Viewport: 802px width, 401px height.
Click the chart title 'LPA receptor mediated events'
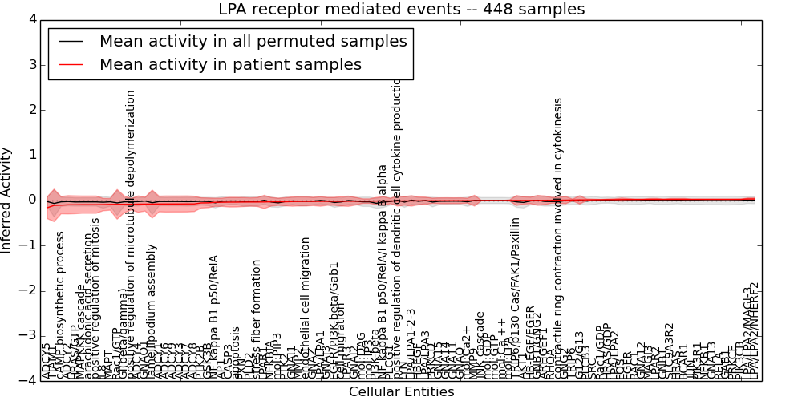pyautogui.click(x=401, y=10)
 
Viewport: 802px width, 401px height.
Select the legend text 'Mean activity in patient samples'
pyautogui.click(x=230, y=64)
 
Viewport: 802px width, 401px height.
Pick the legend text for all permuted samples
pyautogui.click(x=253, y=41)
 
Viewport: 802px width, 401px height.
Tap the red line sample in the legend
pyautogui.click(x=70, y=64)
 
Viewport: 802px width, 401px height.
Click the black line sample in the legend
pyautogui.click(x=70, y=41)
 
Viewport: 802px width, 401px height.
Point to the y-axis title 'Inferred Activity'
pyautogui.click(x=7, y=200)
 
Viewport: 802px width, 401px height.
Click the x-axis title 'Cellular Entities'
pyautogui.click(x=401, y=392)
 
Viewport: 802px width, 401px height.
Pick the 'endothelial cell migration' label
pyautogui.click(x=306, y=307)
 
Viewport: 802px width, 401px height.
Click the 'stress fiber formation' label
pyautogui.click(x=257, y=318)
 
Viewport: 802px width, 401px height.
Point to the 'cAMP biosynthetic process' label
pyautogui.click(x=60, y=305)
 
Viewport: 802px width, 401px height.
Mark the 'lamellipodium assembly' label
pyautogui.click(x=152, y=310)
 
